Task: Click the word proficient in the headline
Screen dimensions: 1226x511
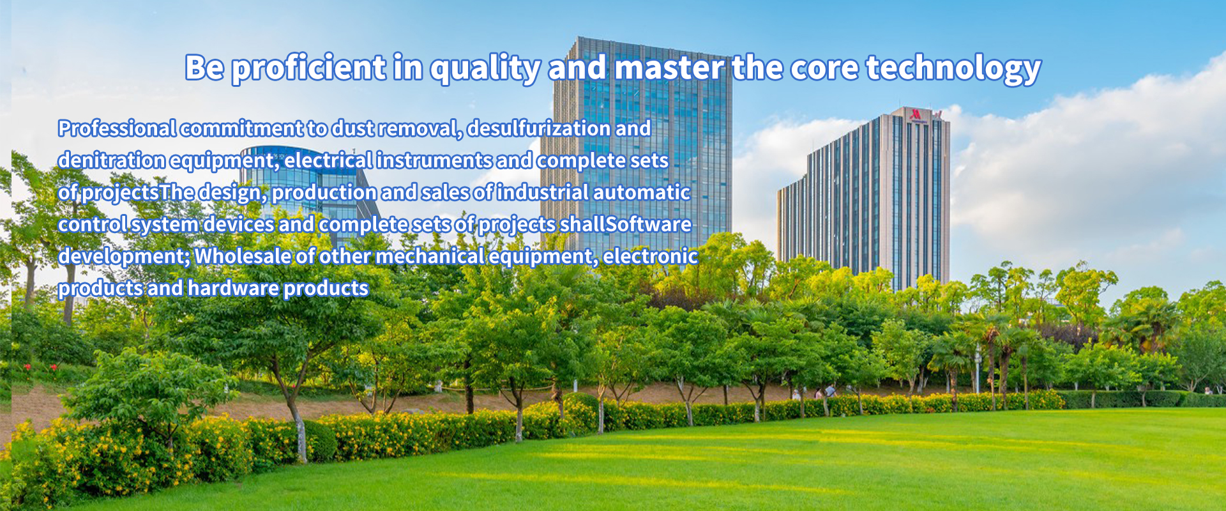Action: coord(308,68)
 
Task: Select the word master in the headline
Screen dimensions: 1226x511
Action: coord(669,67)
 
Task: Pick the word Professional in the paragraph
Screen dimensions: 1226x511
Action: coord(117,128)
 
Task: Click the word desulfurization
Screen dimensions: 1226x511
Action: coord(539,128)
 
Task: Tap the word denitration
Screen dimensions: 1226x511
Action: coord(112,160)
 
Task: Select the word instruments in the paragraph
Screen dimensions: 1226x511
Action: coord(434,160)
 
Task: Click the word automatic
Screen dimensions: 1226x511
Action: coord(642,192)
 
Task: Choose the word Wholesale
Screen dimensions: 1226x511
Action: coord(243,256)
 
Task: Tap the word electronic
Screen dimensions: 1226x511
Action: coord(650,256)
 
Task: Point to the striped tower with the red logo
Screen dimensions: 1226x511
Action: coord(864,198)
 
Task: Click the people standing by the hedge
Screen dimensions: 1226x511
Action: coord(824,391)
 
